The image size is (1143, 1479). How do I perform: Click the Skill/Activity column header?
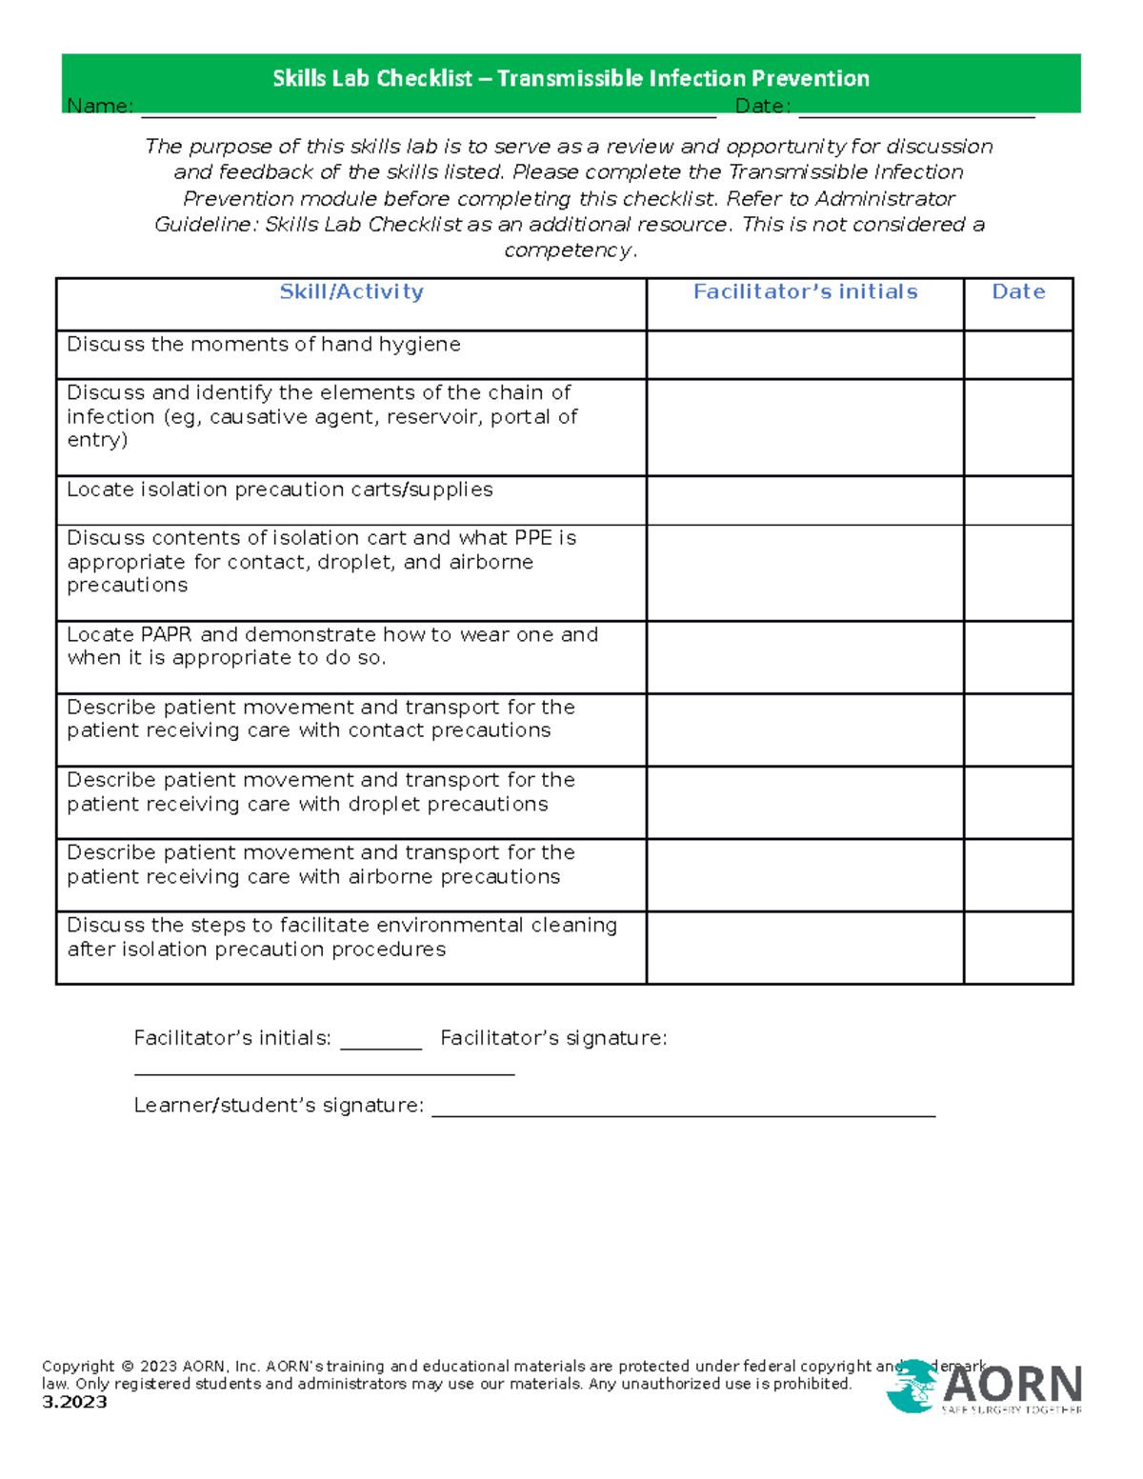click(351, 292)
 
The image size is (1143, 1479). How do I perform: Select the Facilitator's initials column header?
click(805, 292)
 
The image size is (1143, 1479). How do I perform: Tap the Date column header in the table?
click(1018, 292)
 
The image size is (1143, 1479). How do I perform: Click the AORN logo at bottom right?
click(985, 1387)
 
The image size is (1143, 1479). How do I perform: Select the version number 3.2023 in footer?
click(74, 1402)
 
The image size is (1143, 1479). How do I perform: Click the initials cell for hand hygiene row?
click(805, 355)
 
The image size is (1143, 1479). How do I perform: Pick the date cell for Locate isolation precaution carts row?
click(1018, 500)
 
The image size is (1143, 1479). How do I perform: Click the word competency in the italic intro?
click(568, 250)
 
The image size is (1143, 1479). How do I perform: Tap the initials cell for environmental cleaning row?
click(805, 948)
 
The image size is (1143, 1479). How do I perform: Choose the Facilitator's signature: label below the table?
click(553, 1038)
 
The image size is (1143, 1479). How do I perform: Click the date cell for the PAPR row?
click(1018, 657)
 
